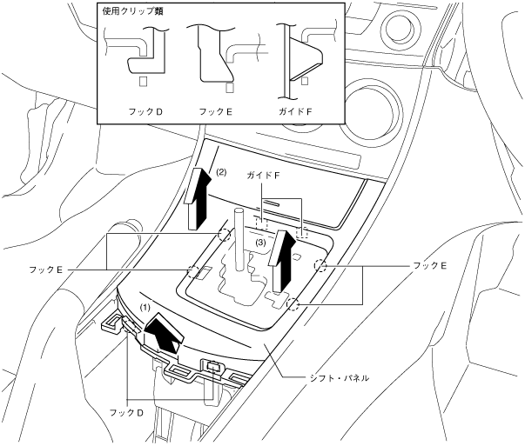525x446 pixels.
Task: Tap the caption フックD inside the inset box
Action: (x=145, y=113)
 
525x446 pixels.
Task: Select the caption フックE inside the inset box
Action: (x=216, y=113)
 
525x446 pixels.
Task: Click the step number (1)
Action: (x=146, y=307)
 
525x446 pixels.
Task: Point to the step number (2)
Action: (x=221, y=172)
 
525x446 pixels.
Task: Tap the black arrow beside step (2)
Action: (x=198, y=198)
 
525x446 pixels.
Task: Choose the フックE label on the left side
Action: (x=47, y=271)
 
